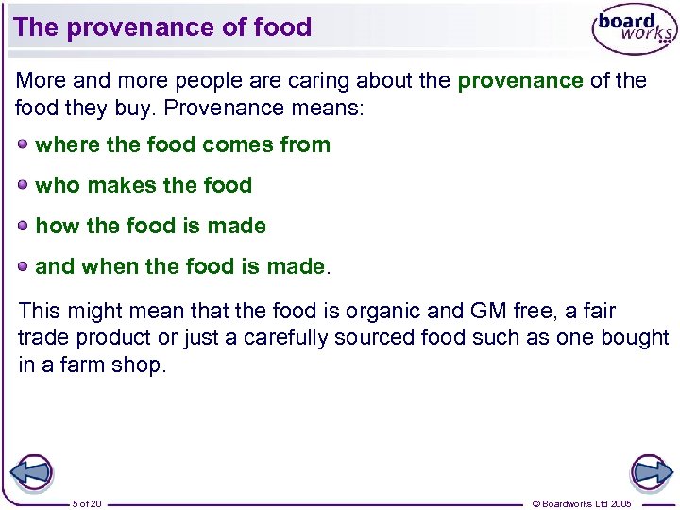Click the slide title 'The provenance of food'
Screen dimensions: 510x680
[162, 27]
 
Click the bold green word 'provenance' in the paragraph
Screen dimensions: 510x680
[519, 81]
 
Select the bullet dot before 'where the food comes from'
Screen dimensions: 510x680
[23, 144]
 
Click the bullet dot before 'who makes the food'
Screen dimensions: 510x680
[23, 184]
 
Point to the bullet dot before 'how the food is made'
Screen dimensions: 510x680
[23, 225]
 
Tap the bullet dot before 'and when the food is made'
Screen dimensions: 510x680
[23, 265]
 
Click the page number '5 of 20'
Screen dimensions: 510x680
[87, 503]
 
